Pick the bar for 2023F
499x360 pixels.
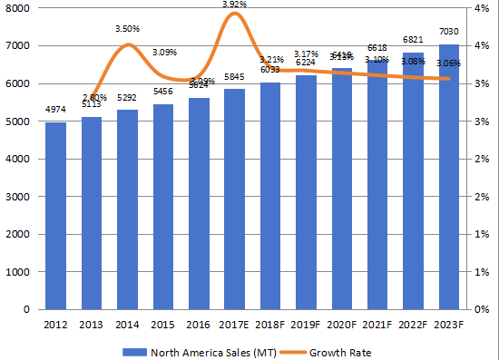point(449,177)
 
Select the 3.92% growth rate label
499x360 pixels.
point(234,5)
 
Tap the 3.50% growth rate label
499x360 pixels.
point(127,29)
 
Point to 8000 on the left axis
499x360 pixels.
point(18,8)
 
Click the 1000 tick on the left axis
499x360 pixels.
point(18,271)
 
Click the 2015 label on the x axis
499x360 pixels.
point(163,325)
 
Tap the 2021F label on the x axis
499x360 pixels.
point(377,325)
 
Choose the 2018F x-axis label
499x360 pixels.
point(270,325)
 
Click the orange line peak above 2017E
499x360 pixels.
point(234,15)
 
